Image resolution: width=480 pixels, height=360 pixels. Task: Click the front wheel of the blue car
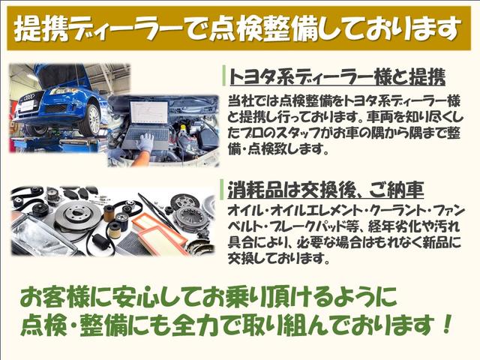click(89, 118)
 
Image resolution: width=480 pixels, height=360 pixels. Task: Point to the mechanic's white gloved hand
click(145, 142)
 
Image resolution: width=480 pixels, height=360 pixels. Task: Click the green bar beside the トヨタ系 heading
click(223, 76)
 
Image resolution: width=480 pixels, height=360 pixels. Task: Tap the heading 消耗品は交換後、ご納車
click(316, 187)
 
